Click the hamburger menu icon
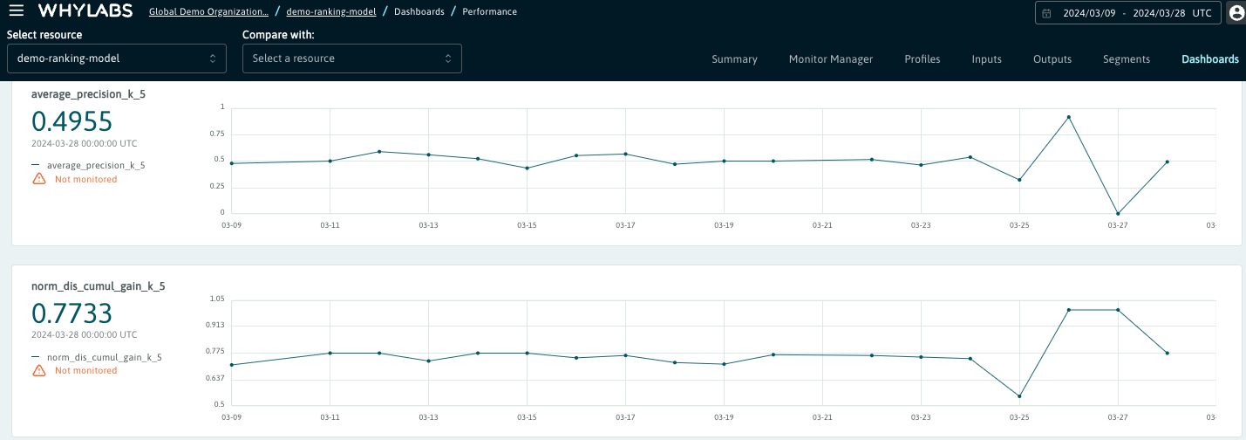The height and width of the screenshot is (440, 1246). click(x=16, y=11)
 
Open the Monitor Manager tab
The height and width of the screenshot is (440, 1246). click(x=830, y=59)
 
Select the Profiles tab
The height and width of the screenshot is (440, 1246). click(x=922, y=59)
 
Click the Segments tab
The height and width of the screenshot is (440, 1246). click(x=1126, y=59)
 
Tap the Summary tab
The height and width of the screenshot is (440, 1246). click(x=734, y=59)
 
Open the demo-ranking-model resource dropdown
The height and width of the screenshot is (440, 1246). click(x=116, y=58)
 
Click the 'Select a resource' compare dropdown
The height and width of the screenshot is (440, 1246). click(x=351, y=58)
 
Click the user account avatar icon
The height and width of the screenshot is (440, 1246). click(x=1236, y=13)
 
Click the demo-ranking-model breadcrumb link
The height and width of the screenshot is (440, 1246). click(x=331, y=12)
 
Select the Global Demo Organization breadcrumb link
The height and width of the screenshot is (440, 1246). click(x=208, y=12)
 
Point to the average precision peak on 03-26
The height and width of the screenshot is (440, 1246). click(x=1069, y=117)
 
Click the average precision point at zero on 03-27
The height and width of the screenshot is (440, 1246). click(x=1118, y=214)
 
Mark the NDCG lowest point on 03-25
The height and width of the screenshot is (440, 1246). click(x=1019, y=396)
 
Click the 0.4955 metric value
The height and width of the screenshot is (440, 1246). click(x=72, y=121)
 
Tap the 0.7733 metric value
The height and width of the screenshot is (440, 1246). click(x=72, y=313)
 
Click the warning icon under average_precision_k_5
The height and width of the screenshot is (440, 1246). click(x=39, y=179)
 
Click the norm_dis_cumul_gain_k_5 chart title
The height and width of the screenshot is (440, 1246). click(x=99, y=285)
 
